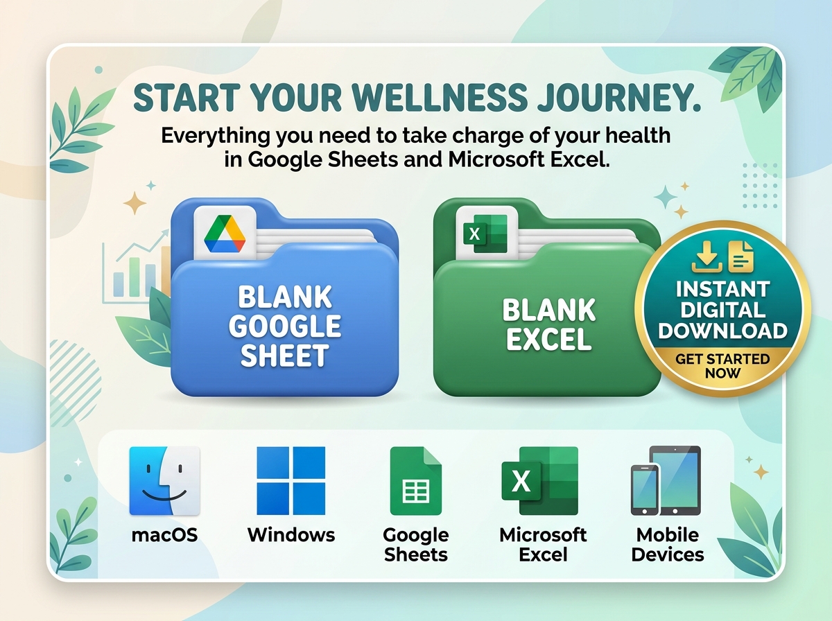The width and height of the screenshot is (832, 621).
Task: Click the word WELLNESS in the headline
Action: click(440, 97)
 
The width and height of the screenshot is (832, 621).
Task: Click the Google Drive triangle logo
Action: click(225, 234)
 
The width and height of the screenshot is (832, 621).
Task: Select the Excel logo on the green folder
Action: click(485, 234)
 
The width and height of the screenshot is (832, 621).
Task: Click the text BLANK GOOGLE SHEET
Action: click(285, 326)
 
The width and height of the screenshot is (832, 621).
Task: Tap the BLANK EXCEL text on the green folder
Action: click(549, 324)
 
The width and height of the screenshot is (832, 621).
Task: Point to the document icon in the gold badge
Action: click(741, 256)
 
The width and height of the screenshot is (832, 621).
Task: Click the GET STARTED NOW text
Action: click(722, 366)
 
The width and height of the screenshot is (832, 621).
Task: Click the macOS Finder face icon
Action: click(164, 481)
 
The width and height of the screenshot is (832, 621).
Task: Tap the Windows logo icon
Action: click(291, 481)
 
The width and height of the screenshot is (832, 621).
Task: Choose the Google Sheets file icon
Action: click(416, 481)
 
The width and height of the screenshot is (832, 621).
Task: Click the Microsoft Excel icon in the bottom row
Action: click(539, 481)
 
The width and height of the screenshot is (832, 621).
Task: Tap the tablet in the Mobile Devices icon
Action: click(676, 480)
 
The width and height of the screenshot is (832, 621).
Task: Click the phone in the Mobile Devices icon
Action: click(645, 489)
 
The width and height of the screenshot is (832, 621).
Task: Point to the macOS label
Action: click(164, 535)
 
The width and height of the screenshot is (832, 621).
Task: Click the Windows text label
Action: click(291, 535)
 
